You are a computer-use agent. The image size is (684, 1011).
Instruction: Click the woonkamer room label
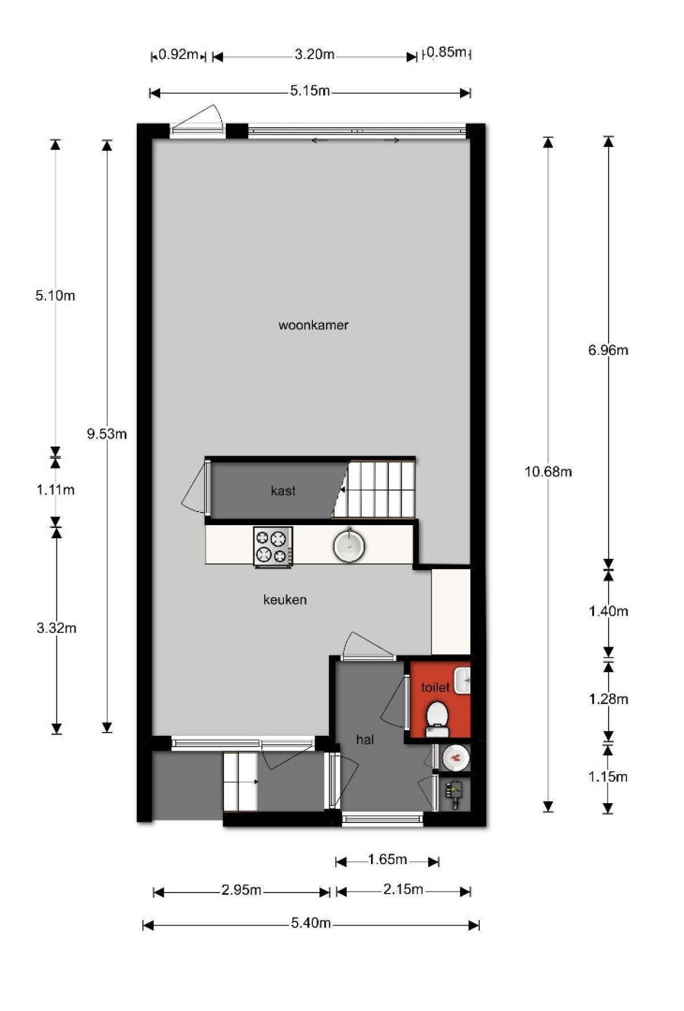click(x=313, y=325)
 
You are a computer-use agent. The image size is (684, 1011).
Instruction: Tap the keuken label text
click(x=285, y=600)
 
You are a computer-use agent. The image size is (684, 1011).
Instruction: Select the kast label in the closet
click(x=283, y=491)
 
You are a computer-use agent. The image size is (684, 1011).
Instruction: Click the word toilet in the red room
click(x=435, y=687)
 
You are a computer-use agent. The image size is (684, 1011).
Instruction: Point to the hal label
click(x=365, y=740)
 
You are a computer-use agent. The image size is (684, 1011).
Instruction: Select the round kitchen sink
click(x=349, y=546)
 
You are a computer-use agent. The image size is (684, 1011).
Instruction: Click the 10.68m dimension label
click(x=548, y=472)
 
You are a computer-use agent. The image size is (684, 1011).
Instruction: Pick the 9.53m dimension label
click(x=107, y=435)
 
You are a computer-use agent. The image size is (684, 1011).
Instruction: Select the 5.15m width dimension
click(x=310, y=91)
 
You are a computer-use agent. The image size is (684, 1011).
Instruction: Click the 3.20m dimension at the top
click(x=314, y=55)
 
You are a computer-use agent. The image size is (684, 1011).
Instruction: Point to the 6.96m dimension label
click(x=608, y=350)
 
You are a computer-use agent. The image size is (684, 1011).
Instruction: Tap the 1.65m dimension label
click(x=387, y=859)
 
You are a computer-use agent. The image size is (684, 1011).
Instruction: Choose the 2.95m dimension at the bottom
click(x=241, y=890)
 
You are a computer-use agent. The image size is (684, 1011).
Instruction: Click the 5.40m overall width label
click(x=311, y=923)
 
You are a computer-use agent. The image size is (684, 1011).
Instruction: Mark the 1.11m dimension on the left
click(x=56, y=490)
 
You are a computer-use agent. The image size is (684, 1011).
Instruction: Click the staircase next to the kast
click(x=376, y=489)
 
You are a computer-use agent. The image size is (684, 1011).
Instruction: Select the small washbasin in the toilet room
click(x=463, y=681)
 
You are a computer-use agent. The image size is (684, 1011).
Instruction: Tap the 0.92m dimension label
click(x=178, y=55)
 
